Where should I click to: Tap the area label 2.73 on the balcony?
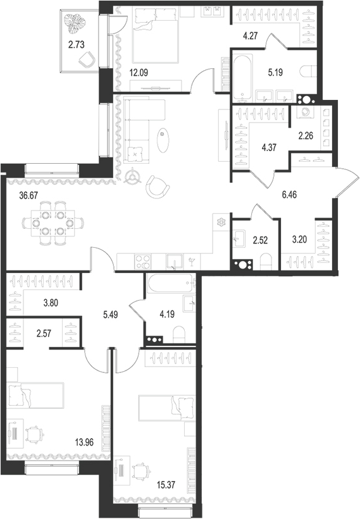coord(75,44)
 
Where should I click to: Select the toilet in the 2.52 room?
coord(266,261)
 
